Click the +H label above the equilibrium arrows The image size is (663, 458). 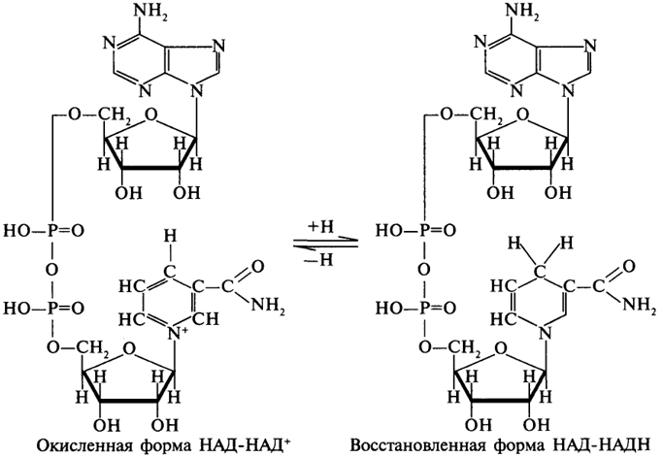pos(321,227)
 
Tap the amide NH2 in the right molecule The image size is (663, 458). pos(640,305)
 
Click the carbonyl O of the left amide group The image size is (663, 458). pos(257,267)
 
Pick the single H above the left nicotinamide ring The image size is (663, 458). pos(170,236)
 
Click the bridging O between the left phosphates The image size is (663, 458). pos(52,270)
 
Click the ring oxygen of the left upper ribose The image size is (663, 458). pos(151,114)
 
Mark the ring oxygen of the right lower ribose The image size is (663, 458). pos(501,348)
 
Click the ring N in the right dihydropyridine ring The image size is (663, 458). pos(545,334)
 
